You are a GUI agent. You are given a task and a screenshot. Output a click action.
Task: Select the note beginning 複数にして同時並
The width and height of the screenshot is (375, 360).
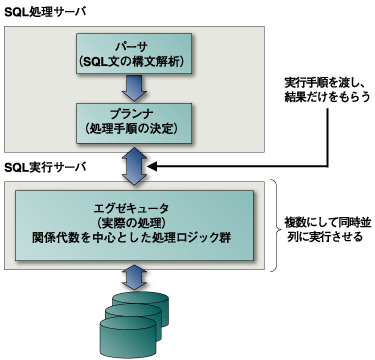[x=326, y=222]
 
